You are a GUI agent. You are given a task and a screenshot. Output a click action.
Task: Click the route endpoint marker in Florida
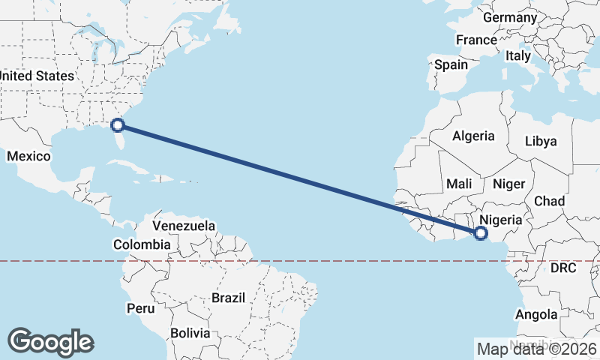coord(118,124)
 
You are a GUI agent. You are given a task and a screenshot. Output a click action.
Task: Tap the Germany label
coord(510,17)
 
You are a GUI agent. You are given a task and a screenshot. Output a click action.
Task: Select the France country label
coord(476,40)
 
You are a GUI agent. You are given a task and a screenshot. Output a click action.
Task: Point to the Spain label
coord(451,64)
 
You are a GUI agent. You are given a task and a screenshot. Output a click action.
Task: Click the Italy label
coord(517,55)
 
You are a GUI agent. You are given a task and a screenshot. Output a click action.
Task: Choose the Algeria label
coord(473,136)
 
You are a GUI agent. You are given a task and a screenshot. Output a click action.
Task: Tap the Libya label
coord(541,141)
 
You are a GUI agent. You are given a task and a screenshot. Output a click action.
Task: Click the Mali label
coord(459,184)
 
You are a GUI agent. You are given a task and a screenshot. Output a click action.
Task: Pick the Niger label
coord(513,184)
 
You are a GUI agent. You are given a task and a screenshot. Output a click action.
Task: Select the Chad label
coord(549,201)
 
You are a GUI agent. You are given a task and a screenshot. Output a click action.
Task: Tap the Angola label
coord(536,314)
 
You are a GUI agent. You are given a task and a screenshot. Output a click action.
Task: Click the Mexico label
coord(28,156)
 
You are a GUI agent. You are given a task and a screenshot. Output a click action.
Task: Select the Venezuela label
coord(184,226)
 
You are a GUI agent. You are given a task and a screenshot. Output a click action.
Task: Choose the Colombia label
coord(142,244)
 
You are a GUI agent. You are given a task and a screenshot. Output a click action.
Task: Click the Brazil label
coord(228,298)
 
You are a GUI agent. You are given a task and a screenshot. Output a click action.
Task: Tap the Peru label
coord(140,308)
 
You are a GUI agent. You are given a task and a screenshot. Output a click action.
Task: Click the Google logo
coord(50,342)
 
